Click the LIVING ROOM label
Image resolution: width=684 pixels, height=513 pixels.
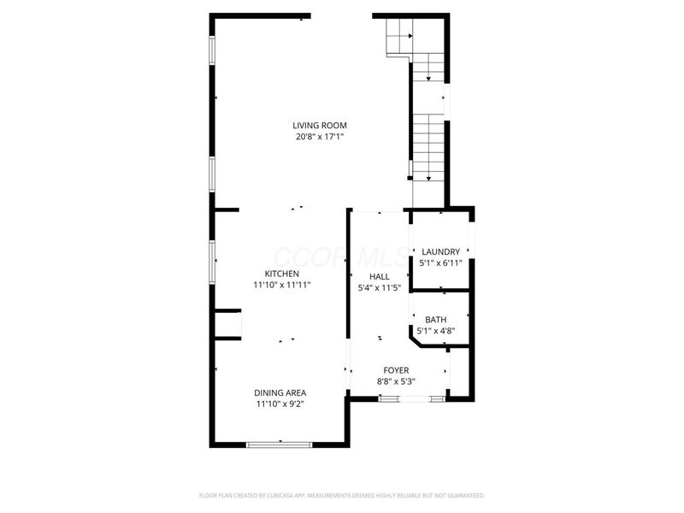pyautogui.click(x=321, y=126)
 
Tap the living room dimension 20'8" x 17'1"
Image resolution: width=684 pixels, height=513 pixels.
pyautogui.click(x=321, y=137)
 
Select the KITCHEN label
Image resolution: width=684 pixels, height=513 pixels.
pyautogui.click(x=281, y=274)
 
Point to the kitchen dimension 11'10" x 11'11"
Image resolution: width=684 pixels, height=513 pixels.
pyautogui.click(x=281, y=285)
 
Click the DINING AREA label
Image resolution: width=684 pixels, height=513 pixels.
pyautogui.click(x=280, y=393)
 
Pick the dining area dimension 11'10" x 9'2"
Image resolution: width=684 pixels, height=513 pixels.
pyautogui.click(x=280, y=404)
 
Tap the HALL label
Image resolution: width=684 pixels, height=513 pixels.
pyautogui.click(x=379, y=277)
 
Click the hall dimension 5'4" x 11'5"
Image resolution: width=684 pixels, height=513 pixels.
pyautogui.click(x=379, y=288)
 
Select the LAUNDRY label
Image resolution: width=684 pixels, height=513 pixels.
pyautogui.click(x=441, y=251)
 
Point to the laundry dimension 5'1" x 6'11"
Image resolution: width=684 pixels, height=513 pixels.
pyautogui.click(x=441, y=262)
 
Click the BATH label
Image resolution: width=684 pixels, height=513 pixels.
pyautogui.click(x=436, y=320)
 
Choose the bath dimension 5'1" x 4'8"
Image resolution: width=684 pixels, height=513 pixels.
pyautogui.click(x=436, y=331)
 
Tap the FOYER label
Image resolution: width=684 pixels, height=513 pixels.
pyautogui.click(x=396, y=370)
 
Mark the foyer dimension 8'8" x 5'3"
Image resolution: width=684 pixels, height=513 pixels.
pyautogui.click(x=396, y=381)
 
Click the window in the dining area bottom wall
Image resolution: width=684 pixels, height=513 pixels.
pyautogui.click(x=280, y=444)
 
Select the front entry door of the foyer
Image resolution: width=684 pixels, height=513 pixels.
pyautogui.click(x=413, y=398)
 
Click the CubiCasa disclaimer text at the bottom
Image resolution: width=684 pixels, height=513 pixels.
pyautogui.click(x=342, y=495)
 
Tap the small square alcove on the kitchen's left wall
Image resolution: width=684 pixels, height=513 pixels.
pyautogui.click(x=228, y=325)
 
